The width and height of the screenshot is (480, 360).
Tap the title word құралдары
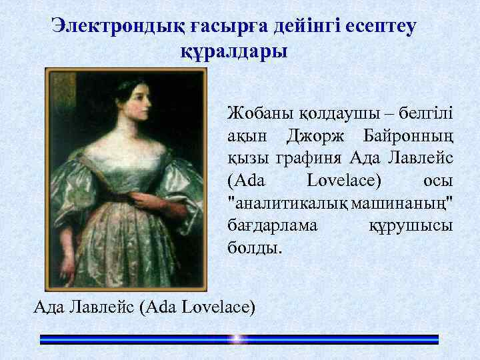pos(234,51)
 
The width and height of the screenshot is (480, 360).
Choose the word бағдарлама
pos(272,225)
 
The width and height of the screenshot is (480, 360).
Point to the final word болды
pos(255,248)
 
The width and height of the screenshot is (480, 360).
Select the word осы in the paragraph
pos(438,180)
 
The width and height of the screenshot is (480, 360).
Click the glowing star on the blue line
pos(237,339)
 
